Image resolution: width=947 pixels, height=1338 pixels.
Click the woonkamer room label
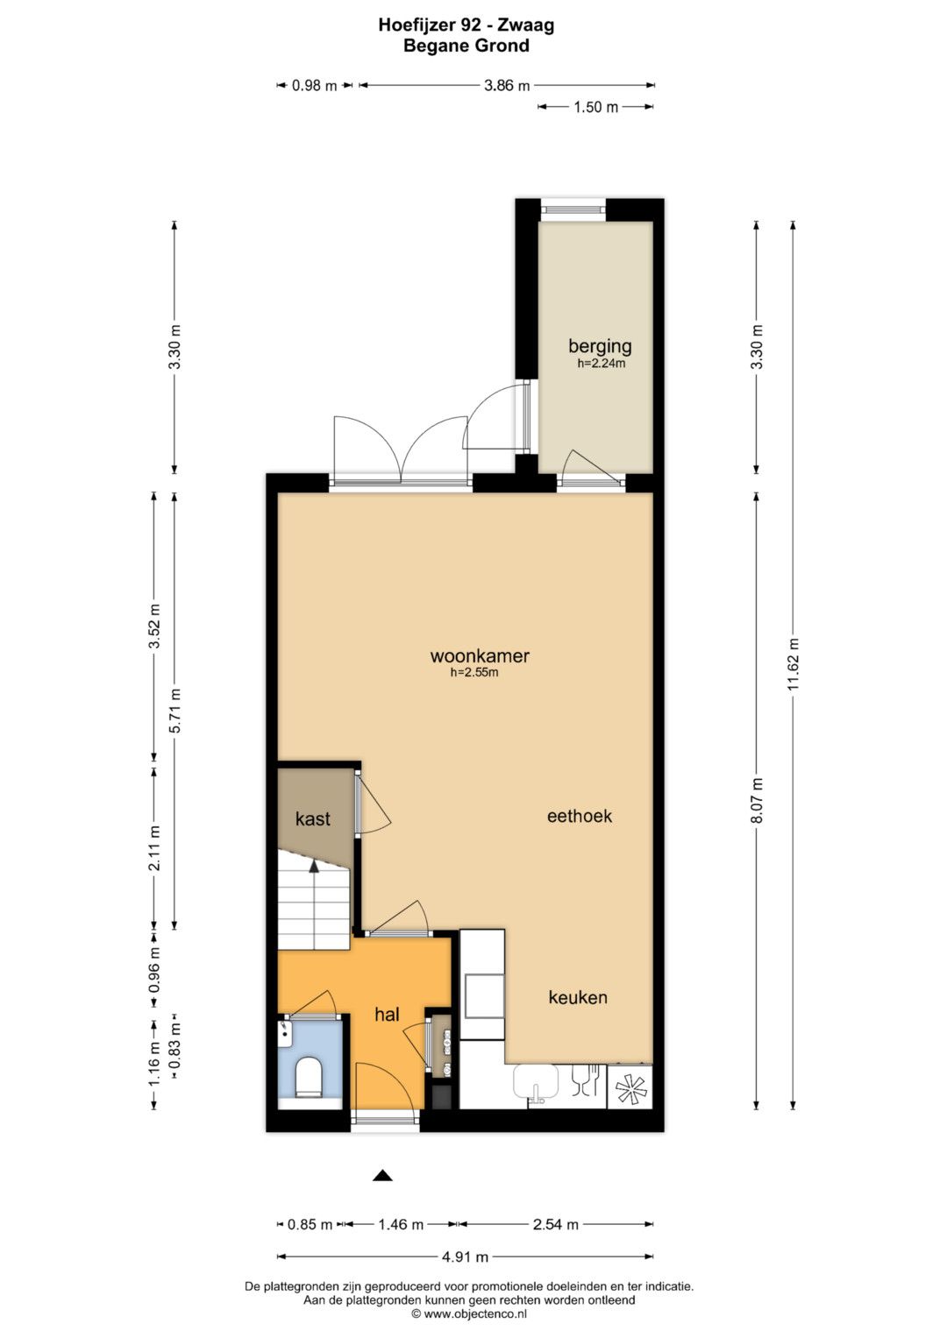480,656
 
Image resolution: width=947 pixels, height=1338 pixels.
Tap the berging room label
600,346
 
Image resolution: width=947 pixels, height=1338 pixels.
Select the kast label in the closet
313,818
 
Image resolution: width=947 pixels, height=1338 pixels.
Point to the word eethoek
580,816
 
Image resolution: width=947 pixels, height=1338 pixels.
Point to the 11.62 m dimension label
793,663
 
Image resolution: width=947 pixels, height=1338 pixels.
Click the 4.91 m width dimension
465,1257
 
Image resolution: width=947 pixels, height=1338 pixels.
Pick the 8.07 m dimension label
757,800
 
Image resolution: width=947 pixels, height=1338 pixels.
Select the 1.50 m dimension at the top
595,108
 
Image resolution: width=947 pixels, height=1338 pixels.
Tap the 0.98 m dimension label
315,86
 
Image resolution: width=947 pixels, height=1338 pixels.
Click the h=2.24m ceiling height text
601,364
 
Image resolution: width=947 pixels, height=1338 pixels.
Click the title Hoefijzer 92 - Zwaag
466,25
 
